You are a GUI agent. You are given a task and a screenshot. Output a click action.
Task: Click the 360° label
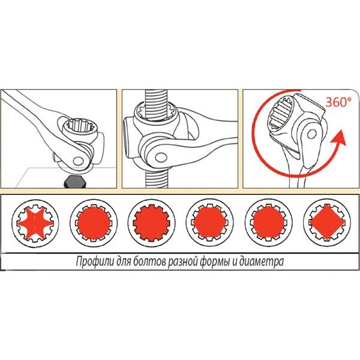338,102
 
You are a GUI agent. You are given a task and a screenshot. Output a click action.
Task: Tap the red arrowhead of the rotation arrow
338,137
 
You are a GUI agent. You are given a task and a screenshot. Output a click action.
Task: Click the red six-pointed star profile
35,223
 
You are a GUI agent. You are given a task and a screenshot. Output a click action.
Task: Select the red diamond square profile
327,223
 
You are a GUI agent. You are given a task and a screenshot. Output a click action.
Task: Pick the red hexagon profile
209,223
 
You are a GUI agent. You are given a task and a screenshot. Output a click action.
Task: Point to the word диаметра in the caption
261,262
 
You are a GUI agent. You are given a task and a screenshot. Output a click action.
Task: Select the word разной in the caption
183,262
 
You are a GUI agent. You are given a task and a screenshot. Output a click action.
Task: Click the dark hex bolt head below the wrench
75,182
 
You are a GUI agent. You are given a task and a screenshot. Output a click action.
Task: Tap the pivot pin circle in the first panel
79,160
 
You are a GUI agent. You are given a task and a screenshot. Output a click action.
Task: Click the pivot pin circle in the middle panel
161,158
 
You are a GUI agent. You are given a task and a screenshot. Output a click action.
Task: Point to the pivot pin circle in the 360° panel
312,134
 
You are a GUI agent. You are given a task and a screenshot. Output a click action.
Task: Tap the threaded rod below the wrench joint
157,178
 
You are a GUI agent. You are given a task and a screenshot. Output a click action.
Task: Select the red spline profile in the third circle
152,223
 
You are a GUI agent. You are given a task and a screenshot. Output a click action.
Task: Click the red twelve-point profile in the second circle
94,223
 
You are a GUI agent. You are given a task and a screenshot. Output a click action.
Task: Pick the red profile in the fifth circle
269,223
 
